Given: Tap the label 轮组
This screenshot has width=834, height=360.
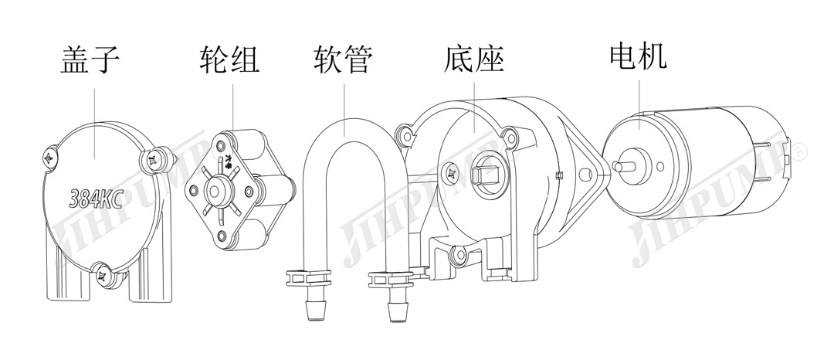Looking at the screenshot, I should pos(229,59).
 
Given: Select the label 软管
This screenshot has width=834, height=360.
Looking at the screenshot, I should pos(344,59).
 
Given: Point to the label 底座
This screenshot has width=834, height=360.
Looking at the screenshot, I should pos(474,59).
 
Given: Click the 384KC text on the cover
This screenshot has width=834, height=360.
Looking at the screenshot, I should pos(96,199).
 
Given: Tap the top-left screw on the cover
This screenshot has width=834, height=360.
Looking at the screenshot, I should pos(52,158).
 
